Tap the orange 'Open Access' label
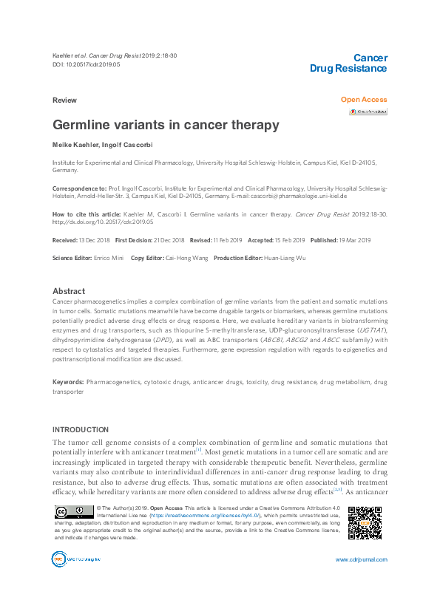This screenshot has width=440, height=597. tap(364, 100)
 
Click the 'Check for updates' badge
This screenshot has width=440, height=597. tap(368, 112)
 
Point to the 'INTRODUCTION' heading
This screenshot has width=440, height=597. tap(80, 429)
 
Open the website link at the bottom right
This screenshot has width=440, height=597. tap(361, 560)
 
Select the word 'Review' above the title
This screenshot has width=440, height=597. tap(64, 100)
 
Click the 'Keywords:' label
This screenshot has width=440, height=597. tap(68, 382)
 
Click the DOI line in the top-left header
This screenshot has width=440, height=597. tap(86, 64)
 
